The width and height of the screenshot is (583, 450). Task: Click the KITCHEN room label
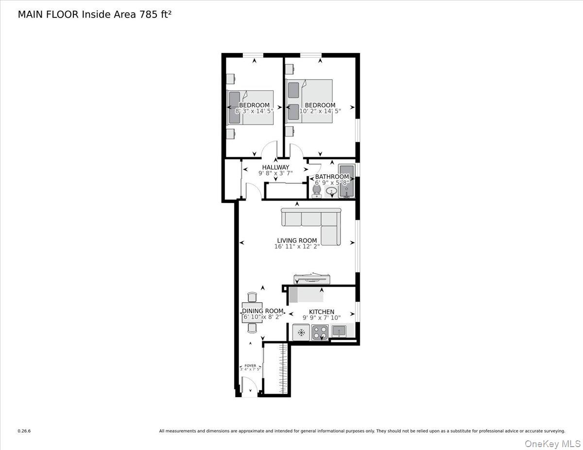coord(322,312)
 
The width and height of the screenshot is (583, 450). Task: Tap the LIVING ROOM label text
coord(297,240)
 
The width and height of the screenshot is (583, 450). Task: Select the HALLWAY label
coord(275,167)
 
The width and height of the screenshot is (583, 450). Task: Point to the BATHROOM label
coord(332,177)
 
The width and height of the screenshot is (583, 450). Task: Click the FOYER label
coord(250,366)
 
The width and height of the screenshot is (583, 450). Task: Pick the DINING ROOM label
coord(262,311)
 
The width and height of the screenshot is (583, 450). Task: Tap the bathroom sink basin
coord(331,192)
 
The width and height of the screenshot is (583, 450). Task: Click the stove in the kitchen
coord(320,333)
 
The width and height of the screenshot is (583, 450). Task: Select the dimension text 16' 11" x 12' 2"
coord(297,247)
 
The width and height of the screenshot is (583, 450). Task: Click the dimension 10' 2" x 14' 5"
coord(320,111)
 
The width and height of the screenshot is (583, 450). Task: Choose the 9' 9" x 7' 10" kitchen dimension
coord(322,318)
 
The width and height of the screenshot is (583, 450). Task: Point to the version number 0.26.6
coord(24,431)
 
